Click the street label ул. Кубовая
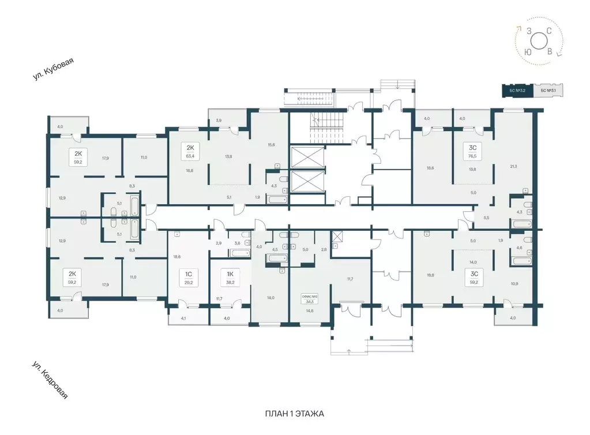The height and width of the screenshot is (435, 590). [55, 74]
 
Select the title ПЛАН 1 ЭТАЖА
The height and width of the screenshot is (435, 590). [295, 414]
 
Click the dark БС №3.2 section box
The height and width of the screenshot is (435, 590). [517, 91]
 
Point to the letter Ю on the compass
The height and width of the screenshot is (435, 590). [528, 52]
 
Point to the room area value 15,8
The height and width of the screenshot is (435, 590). [270, 145]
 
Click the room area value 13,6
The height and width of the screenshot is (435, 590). [228, 156]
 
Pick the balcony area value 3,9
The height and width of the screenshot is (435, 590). [218, 121]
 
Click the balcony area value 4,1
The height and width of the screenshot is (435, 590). [183, 318]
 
